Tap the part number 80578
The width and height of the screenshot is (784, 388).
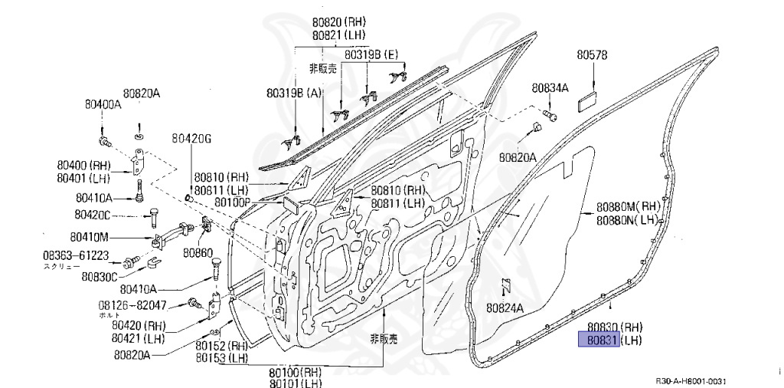pyautogui.click(x=592, y=55)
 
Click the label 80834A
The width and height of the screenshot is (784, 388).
pyautogui.click(x=550, y=88)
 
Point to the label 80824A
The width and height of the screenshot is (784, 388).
pyautogui.click(x=504, y=308)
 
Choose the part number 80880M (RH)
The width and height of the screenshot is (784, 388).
pyautogui.click(x=628, y=206)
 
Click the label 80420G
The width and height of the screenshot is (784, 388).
pyautogui.click(x=191, y=139)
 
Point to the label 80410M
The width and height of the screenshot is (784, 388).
pyautogui.click(x=90, y=236)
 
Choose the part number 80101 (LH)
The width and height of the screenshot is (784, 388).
pyautogui.click(x=295, y=384)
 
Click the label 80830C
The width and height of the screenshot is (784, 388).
pyautogui.click(x=100, y=276)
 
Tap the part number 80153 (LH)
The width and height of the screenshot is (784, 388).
pyautogui.click(x=221, y=358)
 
